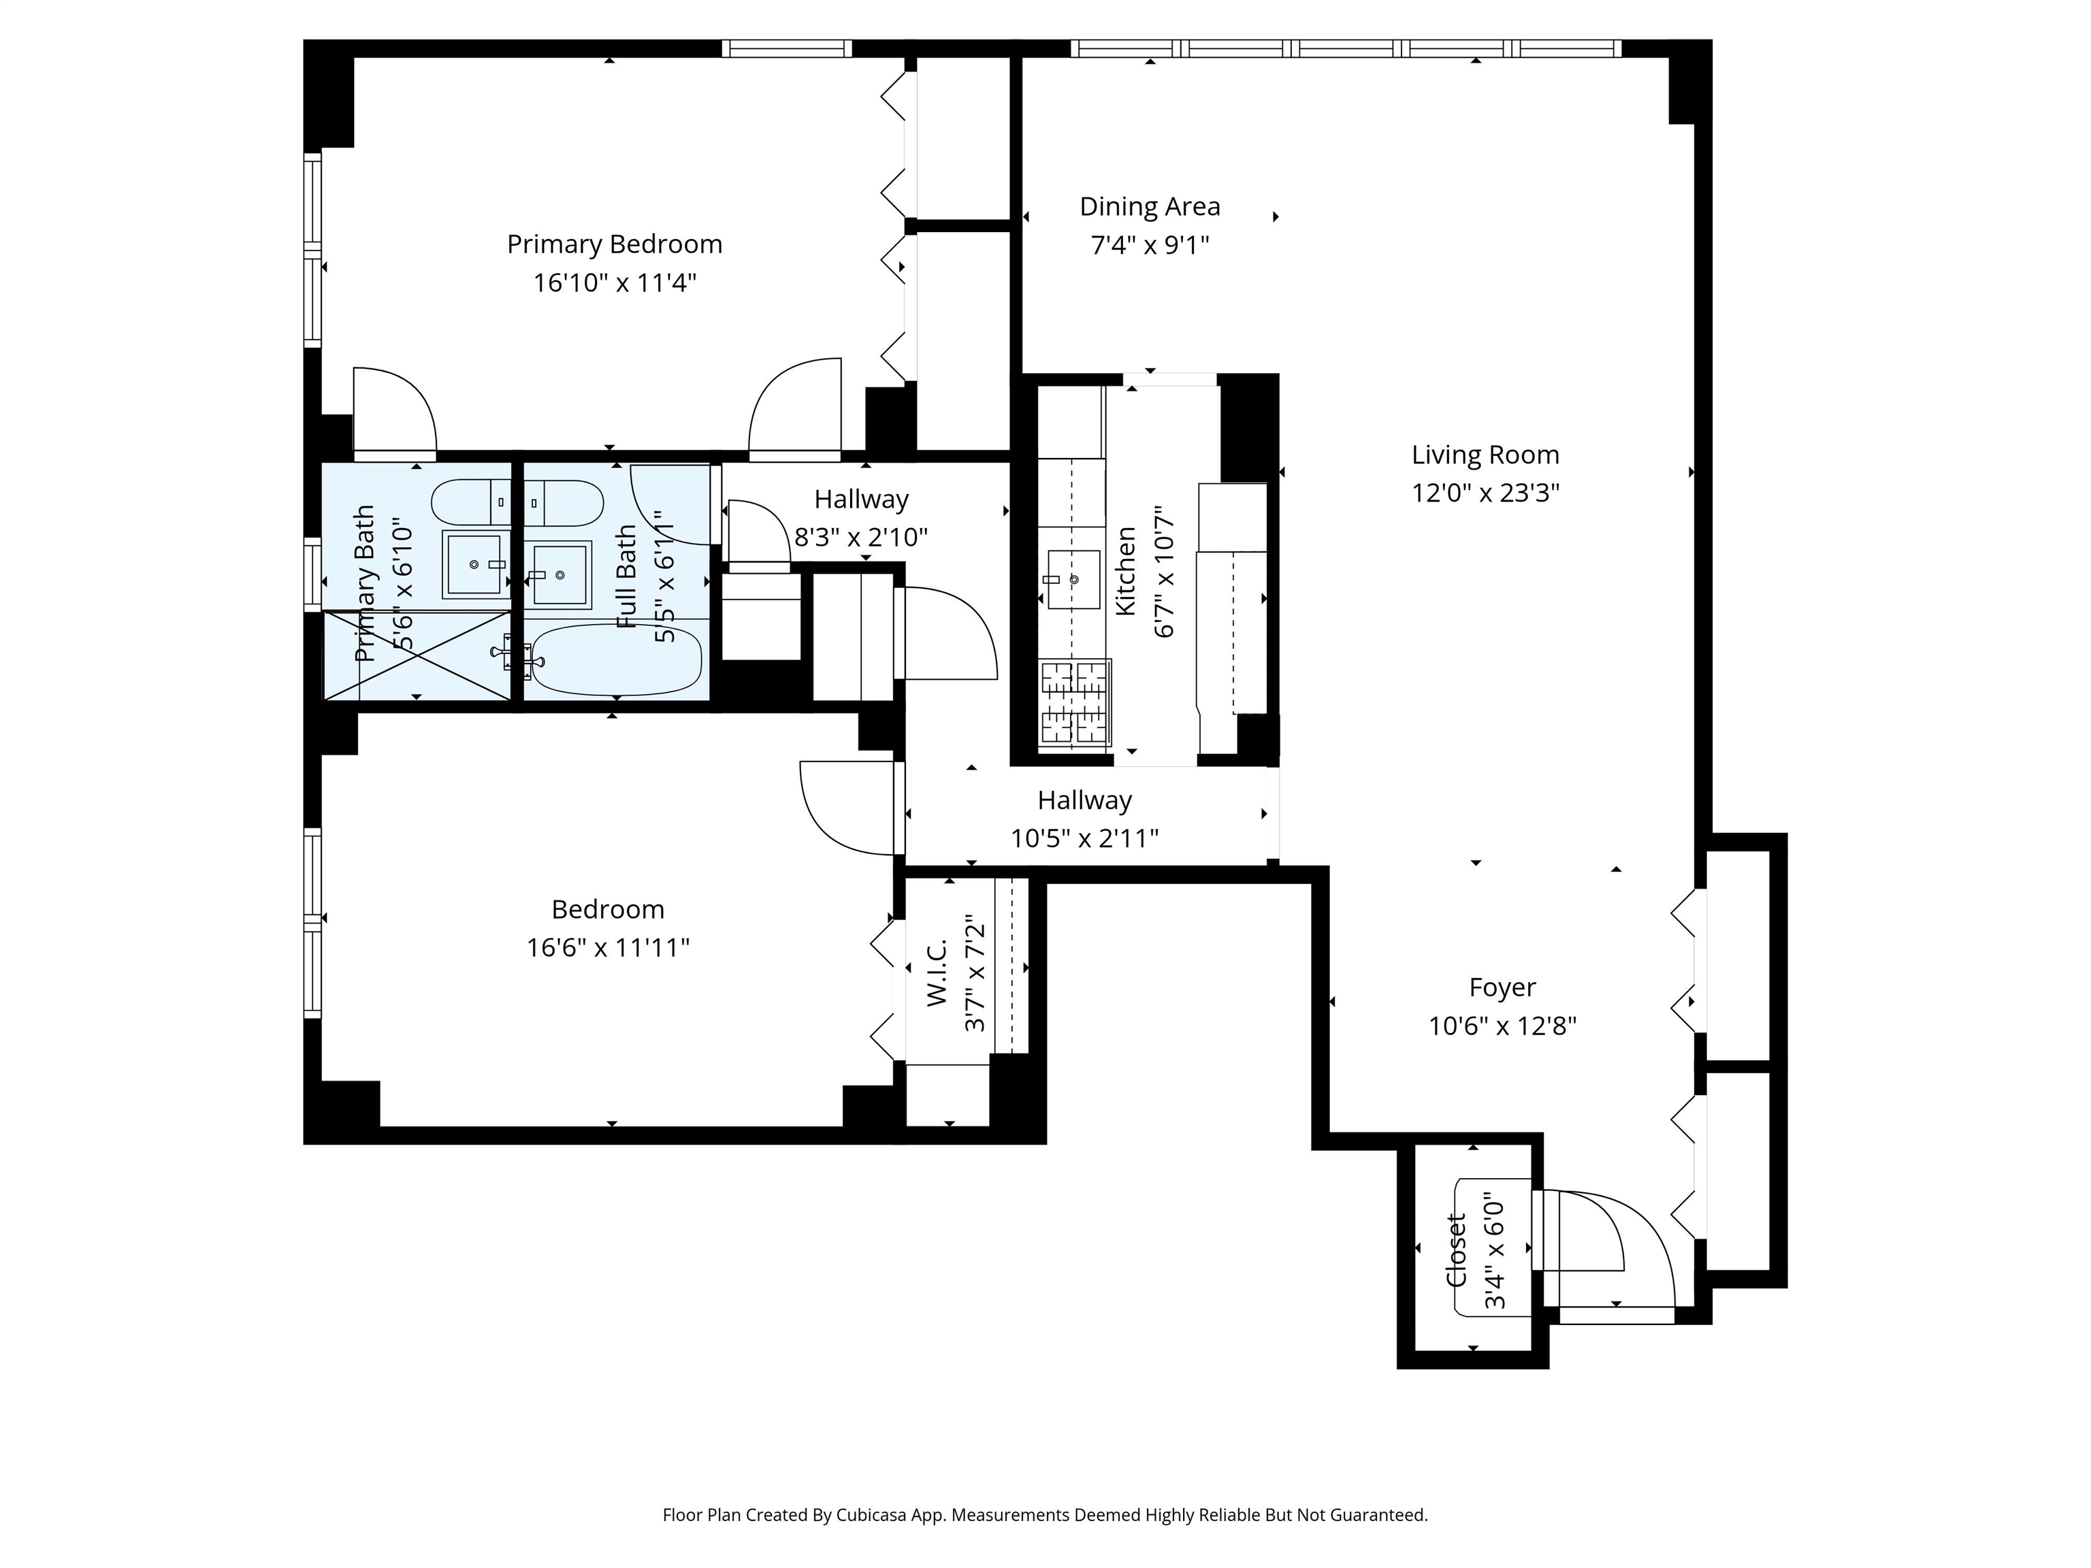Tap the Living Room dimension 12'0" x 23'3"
pos(1485,493)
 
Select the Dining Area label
pos(1150,207)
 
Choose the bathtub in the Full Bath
pos(616,659)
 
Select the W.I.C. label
pos(937,973)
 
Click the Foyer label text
pos(1502,987)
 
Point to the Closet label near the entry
pos(1456,1249)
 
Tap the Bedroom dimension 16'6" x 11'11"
pos(608,948)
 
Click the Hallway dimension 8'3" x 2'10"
pos(860,538)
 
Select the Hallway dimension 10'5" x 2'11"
pos(1084,839)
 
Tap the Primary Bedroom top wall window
pos(786,48)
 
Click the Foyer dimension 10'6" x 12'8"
pos(1502,1026)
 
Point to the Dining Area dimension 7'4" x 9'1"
pos(1150,246)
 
